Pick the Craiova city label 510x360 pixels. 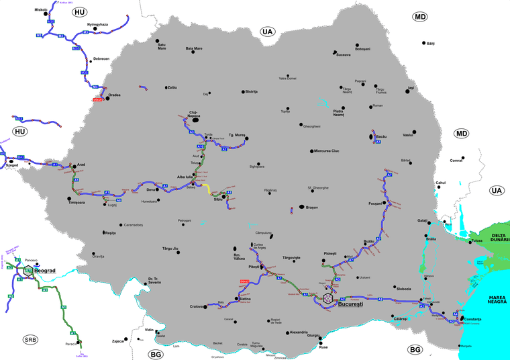click(196, 307)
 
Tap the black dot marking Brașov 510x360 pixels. click(301, 208)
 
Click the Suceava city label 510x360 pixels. click(343, 54)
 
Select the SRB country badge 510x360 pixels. click(30, 339)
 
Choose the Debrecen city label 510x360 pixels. click(101, 59)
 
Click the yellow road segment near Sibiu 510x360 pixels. click(207, 188)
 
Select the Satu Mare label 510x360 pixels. click(162, 46)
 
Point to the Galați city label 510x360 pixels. click(421, 221)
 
